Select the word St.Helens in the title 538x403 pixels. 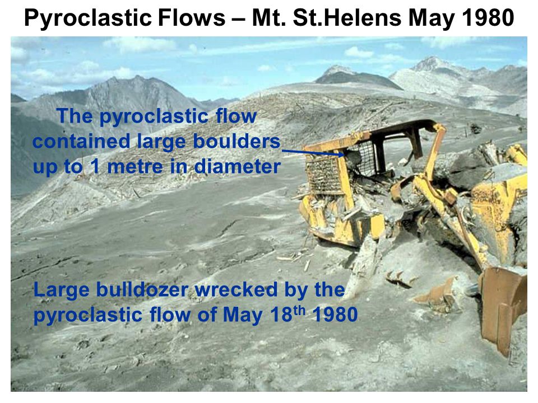[347, 17]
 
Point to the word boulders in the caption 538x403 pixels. [236, 141]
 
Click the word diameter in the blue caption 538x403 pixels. [238, 167]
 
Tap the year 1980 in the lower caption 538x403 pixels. [335, 315]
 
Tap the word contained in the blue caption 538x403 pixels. [82, 141]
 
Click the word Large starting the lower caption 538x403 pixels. [61, 290]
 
